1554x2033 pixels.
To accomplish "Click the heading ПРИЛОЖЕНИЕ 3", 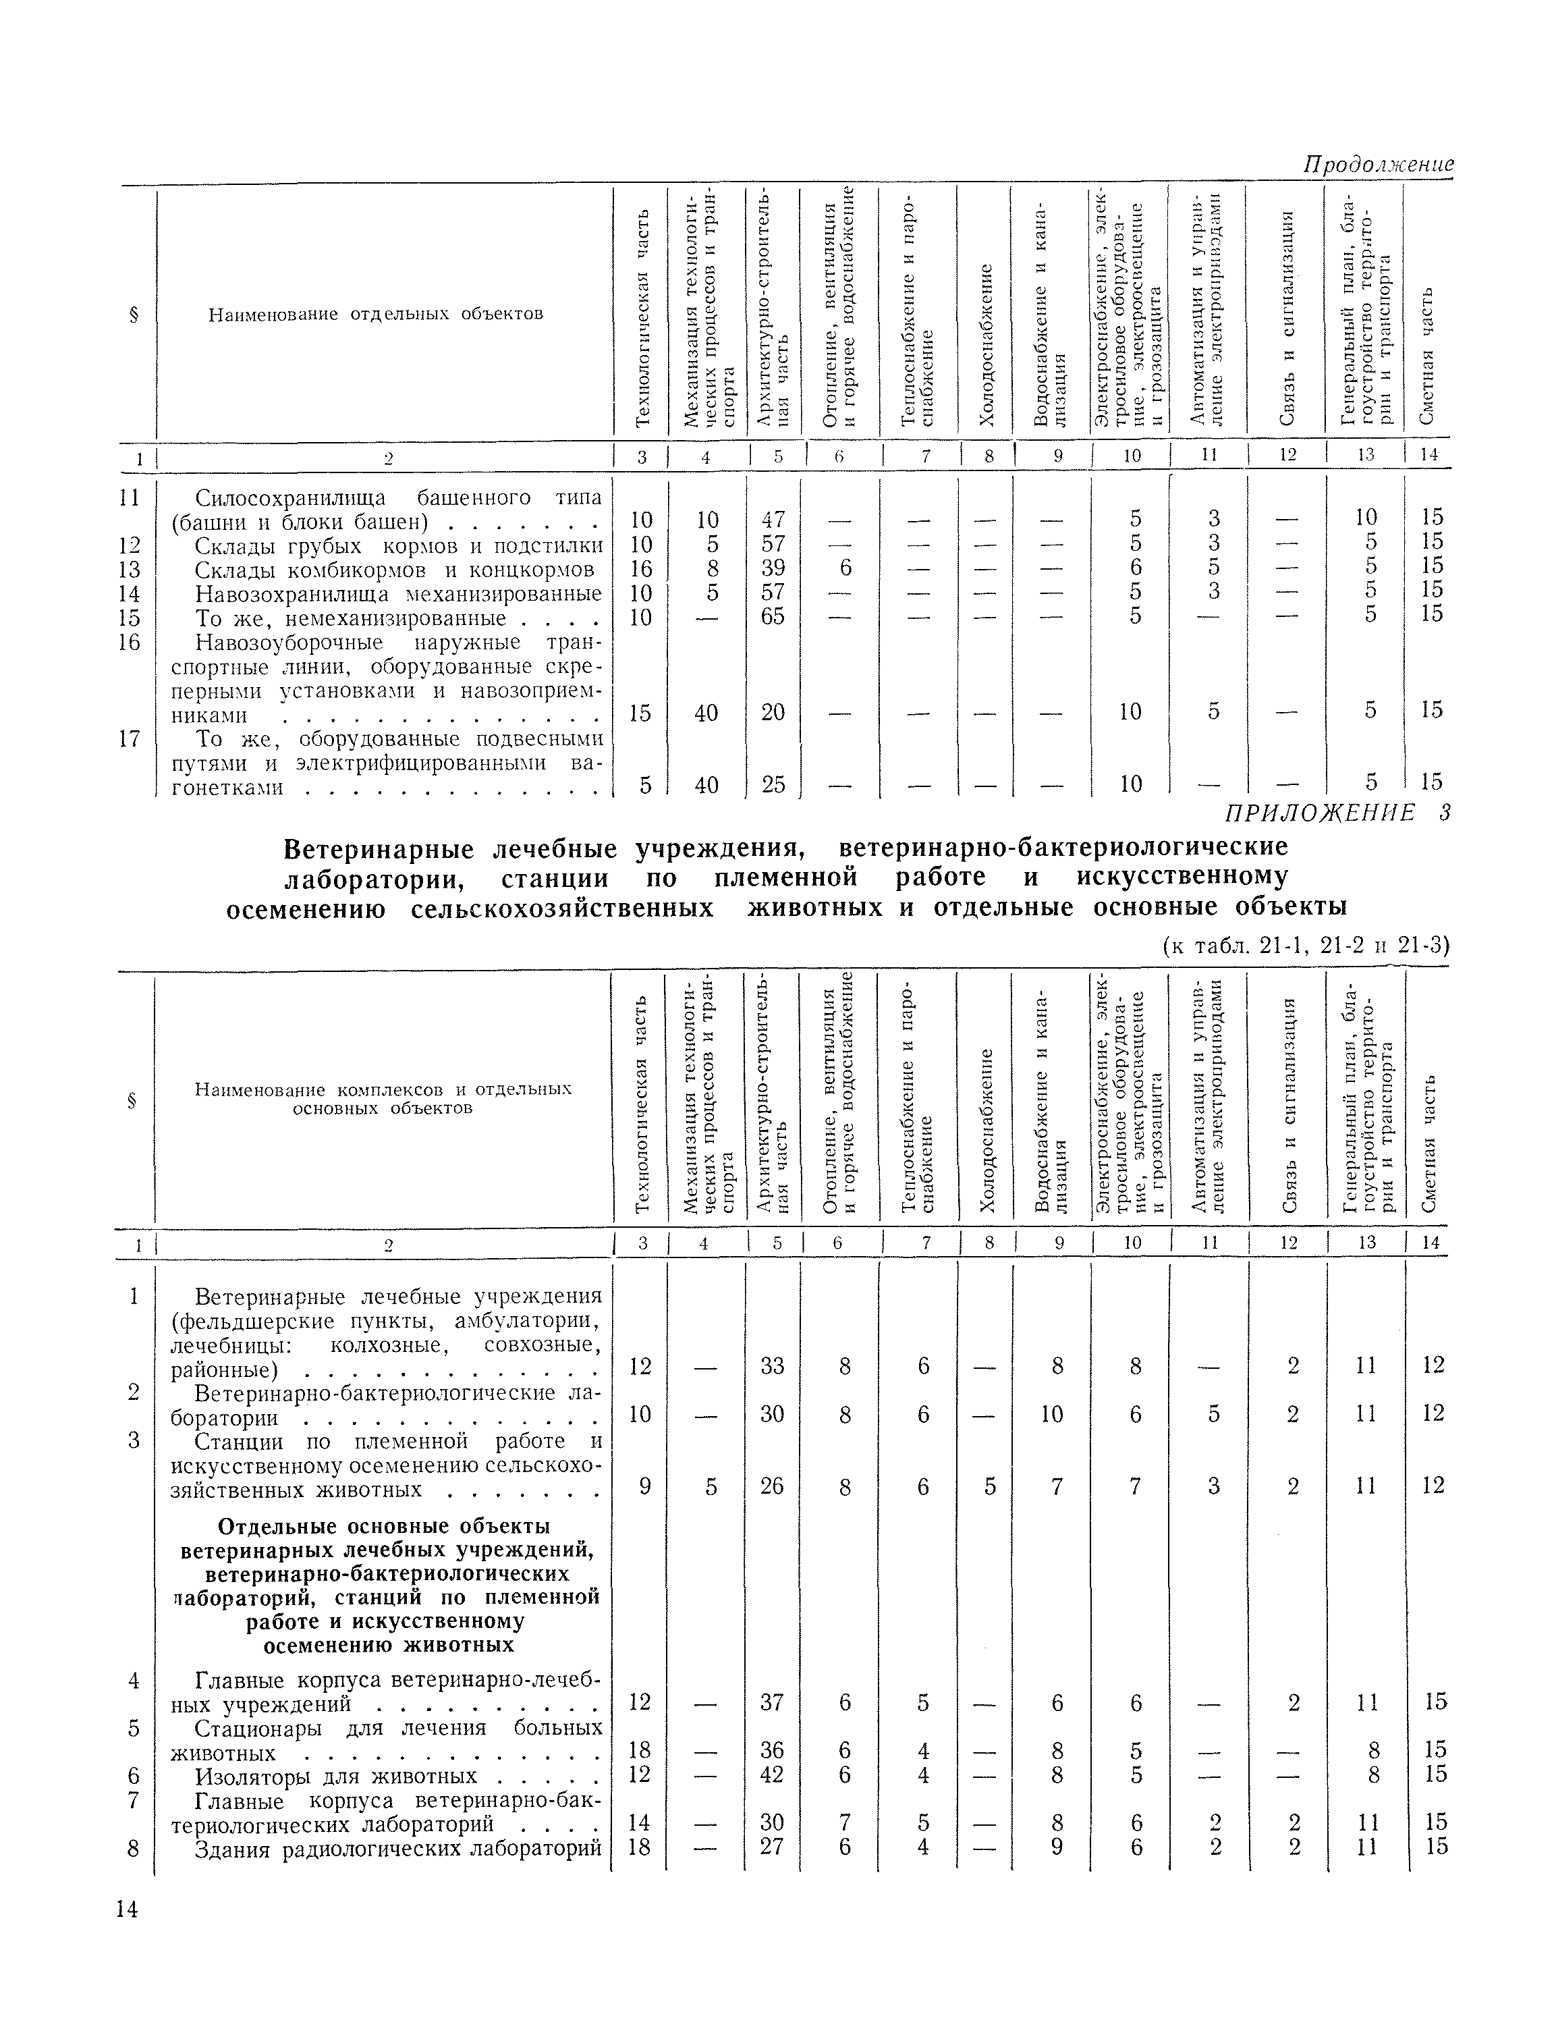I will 1337,813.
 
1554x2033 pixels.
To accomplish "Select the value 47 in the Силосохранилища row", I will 773,518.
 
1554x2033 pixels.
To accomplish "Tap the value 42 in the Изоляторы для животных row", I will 773,1774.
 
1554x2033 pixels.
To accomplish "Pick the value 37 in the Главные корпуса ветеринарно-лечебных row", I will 773,1702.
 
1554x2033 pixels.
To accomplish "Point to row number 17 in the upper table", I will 130,738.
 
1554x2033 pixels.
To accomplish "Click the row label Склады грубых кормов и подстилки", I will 399,545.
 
